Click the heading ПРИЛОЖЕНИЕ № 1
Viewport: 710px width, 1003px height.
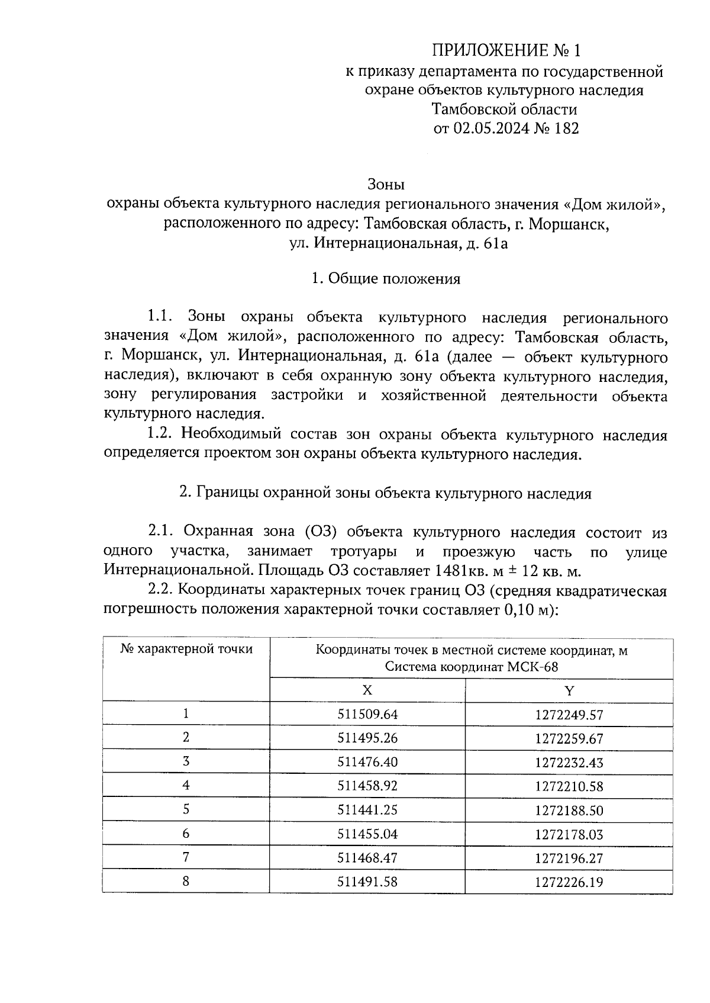(504, 51)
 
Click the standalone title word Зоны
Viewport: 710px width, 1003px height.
(386, 184)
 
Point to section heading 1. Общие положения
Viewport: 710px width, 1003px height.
(386, 278)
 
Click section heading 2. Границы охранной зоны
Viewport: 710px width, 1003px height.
(386, 493)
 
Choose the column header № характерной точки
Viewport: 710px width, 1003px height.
(186, 649)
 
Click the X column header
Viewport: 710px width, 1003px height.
(367, 690)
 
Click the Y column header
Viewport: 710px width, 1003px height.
(569, 690)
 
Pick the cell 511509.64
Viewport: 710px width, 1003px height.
(367, 715)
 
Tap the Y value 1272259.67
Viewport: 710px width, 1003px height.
(569, 739)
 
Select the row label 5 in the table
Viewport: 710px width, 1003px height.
(186, 810)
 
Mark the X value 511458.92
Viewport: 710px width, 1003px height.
(367, 786)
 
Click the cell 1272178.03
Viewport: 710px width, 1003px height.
(569, 834)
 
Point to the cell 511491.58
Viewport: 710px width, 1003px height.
(367, 882)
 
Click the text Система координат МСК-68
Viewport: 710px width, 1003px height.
(472, 667)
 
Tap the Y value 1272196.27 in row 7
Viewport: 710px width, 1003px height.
(569, 858)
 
